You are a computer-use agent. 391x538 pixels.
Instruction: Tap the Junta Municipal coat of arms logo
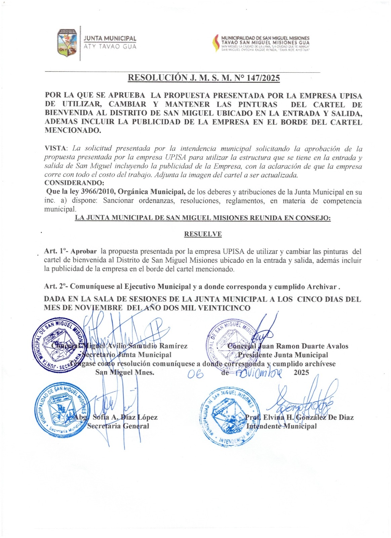(x=67, y=43)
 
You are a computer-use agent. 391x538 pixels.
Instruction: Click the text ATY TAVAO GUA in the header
(x=110, y=47)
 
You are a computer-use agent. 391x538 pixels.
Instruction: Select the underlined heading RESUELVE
(x=203, y=234)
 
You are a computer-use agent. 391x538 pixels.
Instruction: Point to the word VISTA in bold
(x=55, y=149)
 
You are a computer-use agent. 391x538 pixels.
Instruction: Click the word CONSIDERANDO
(x=74, y=183)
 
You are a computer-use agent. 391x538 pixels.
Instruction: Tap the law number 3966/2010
(x=97, y=192)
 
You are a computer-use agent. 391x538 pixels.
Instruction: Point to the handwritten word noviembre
(x=259, y=373)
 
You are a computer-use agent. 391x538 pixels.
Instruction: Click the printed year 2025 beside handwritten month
(x=301, y=372)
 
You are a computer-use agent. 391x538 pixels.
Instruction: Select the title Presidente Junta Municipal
(x=283, y=355)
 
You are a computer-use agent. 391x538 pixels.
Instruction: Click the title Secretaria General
(x=118, y=426)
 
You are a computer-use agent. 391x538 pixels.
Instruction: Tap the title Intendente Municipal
(x=281, y=426)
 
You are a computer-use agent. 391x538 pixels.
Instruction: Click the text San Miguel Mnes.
(x=125, y=372)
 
